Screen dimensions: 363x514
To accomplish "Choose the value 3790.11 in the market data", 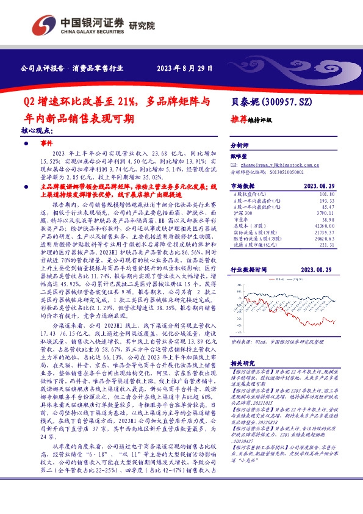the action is tap(326, 213).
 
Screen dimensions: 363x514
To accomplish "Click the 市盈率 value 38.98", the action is tap(328, 220).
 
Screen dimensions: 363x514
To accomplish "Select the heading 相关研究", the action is tap(242, 363).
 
